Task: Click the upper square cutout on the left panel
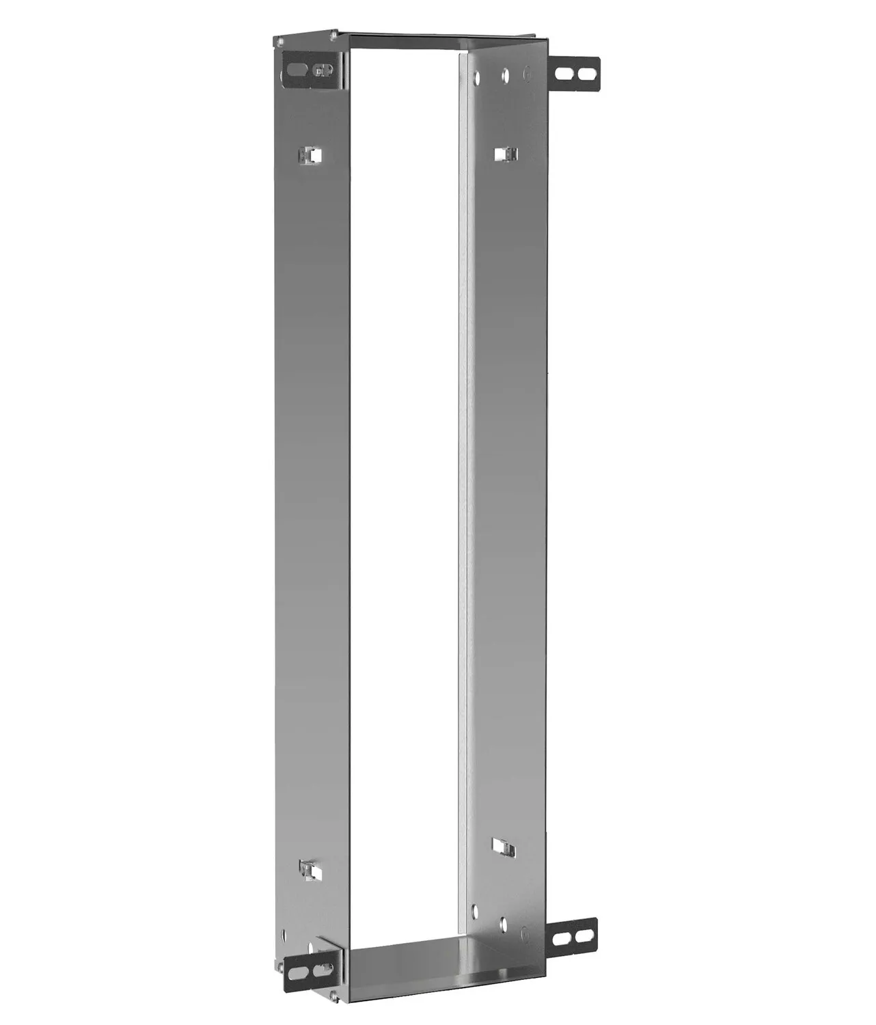point(310,155)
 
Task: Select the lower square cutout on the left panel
point(310,869)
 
